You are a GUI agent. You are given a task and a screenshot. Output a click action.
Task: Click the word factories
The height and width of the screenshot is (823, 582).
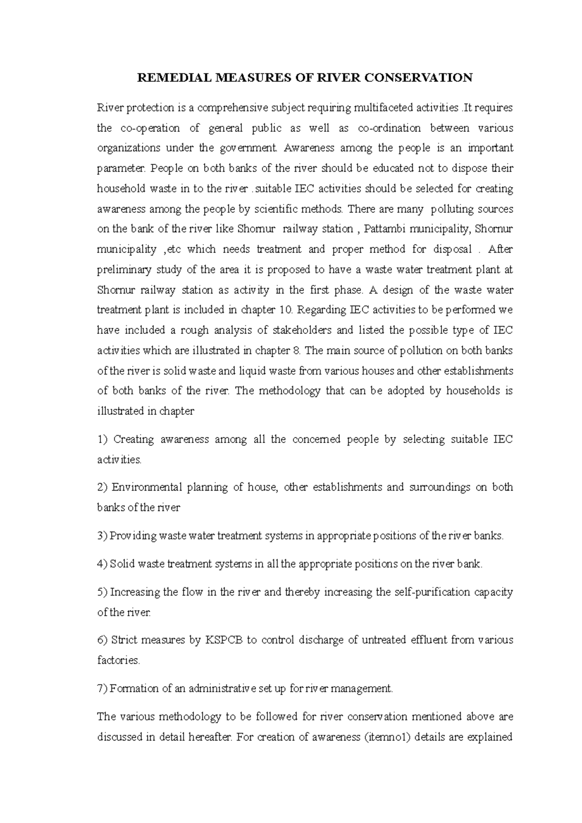pos(118,660)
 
